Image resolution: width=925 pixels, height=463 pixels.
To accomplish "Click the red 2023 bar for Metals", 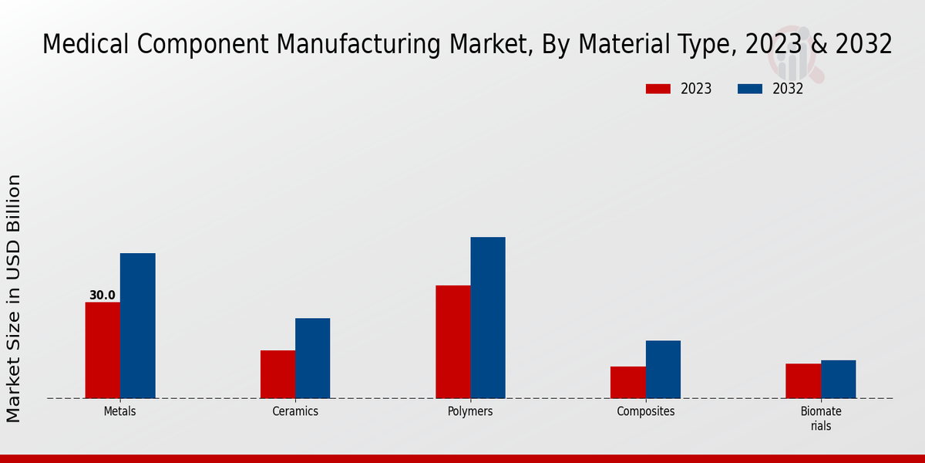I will pyautogui.click(x=103, y=350).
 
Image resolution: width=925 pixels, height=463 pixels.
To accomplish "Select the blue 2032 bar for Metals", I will pyautogui.click(x=137, y=326).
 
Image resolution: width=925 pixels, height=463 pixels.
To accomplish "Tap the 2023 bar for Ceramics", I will pyautogui.click(x=277, y=374).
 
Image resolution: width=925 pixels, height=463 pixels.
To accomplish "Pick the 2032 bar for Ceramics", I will pyautogui.click(x=312, y=358).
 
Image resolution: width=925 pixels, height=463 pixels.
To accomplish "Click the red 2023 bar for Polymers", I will pyautogui.click(x=452, y=342).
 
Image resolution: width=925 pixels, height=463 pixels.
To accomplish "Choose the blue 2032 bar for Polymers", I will pyautogui.click(x=488, y=318).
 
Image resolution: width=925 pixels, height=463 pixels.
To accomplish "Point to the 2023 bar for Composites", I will pyautogui.click(x=627, y=382).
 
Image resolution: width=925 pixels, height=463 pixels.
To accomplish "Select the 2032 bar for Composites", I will pyautogui.click(x=663, y=370).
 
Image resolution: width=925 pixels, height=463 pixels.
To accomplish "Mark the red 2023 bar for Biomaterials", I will pyautogui.click(x=803, y=380).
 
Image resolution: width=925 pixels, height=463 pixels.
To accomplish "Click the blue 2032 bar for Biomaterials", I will pyautogui.click(x=838, y=379).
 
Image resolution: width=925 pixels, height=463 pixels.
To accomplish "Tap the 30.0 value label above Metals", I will pyautogui.click(x=102, y=295).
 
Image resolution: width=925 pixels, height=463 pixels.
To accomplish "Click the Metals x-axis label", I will pyautogui.click(x=119, y=411).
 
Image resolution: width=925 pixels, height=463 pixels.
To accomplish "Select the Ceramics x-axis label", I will pyautogui.click(x=295, y=411).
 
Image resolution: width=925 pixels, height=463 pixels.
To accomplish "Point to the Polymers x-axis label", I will pyautogui.click(x=470, y=411).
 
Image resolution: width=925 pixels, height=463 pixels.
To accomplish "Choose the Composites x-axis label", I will pyautogui.click(x=645, y=411).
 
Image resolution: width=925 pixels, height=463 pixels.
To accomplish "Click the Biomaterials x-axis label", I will pyautogui.click(x=821, y=418).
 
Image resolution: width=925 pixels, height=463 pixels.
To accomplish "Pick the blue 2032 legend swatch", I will pyautogui.click(x=750, y=89).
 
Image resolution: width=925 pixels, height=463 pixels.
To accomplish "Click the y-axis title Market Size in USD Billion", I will pyautogui.click(x=14, y=298).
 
